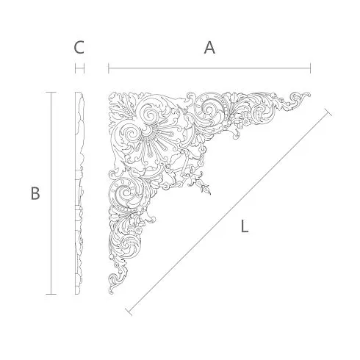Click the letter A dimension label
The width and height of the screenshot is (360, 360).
click(209, 48)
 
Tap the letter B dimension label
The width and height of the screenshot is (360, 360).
click(35, 193)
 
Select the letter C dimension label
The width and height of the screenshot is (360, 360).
click(79, 48)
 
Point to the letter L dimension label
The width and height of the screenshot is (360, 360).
click(245, 226)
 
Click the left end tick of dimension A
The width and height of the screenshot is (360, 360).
click(109, 68)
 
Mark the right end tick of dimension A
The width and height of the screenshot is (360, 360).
click(310, 68)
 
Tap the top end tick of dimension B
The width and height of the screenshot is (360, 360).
click(51, 93)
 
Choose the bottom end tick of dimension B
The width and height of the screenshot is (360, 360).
click(51, 294)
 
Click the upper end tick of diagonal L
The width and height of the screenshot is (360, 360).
click(328, 112)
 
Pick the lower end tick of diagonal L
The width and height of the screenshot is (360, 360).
click(129, 312)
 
